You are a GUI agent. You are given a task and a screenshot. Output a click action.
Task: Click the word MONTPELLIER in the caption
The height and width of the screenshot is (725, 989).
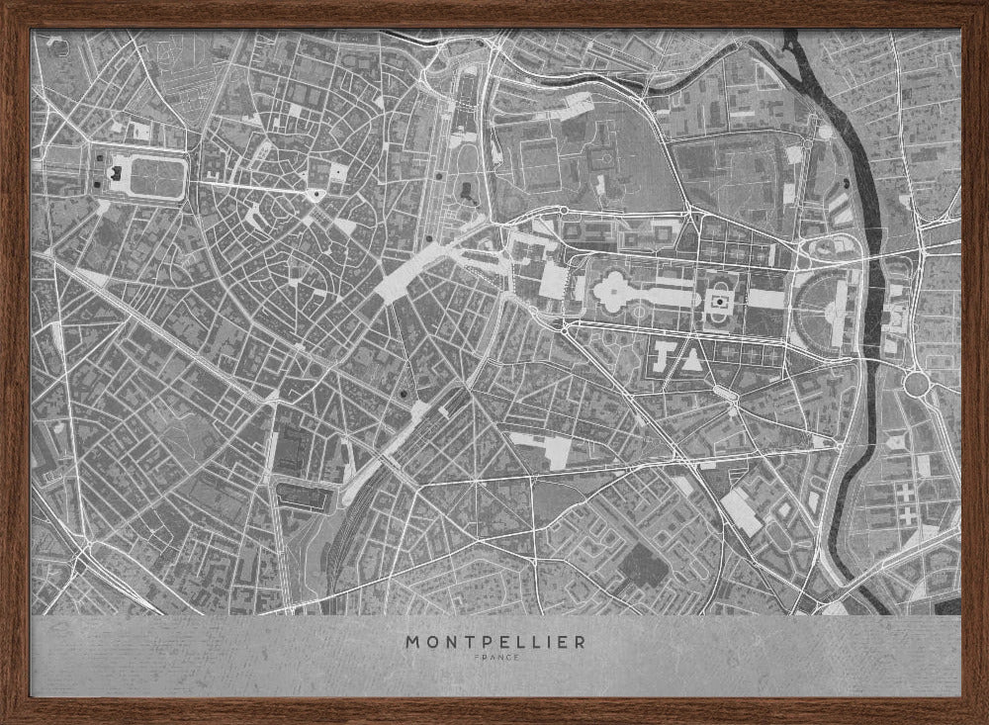pos(494,642)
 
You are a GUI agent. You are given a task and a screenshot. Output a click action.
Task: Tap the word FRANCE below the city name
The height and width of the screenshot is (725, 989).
pos(494,657)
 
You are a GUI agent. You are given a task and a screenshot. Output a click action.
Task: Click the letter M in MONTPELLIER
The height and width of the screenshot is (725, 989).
pos(411,642)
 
